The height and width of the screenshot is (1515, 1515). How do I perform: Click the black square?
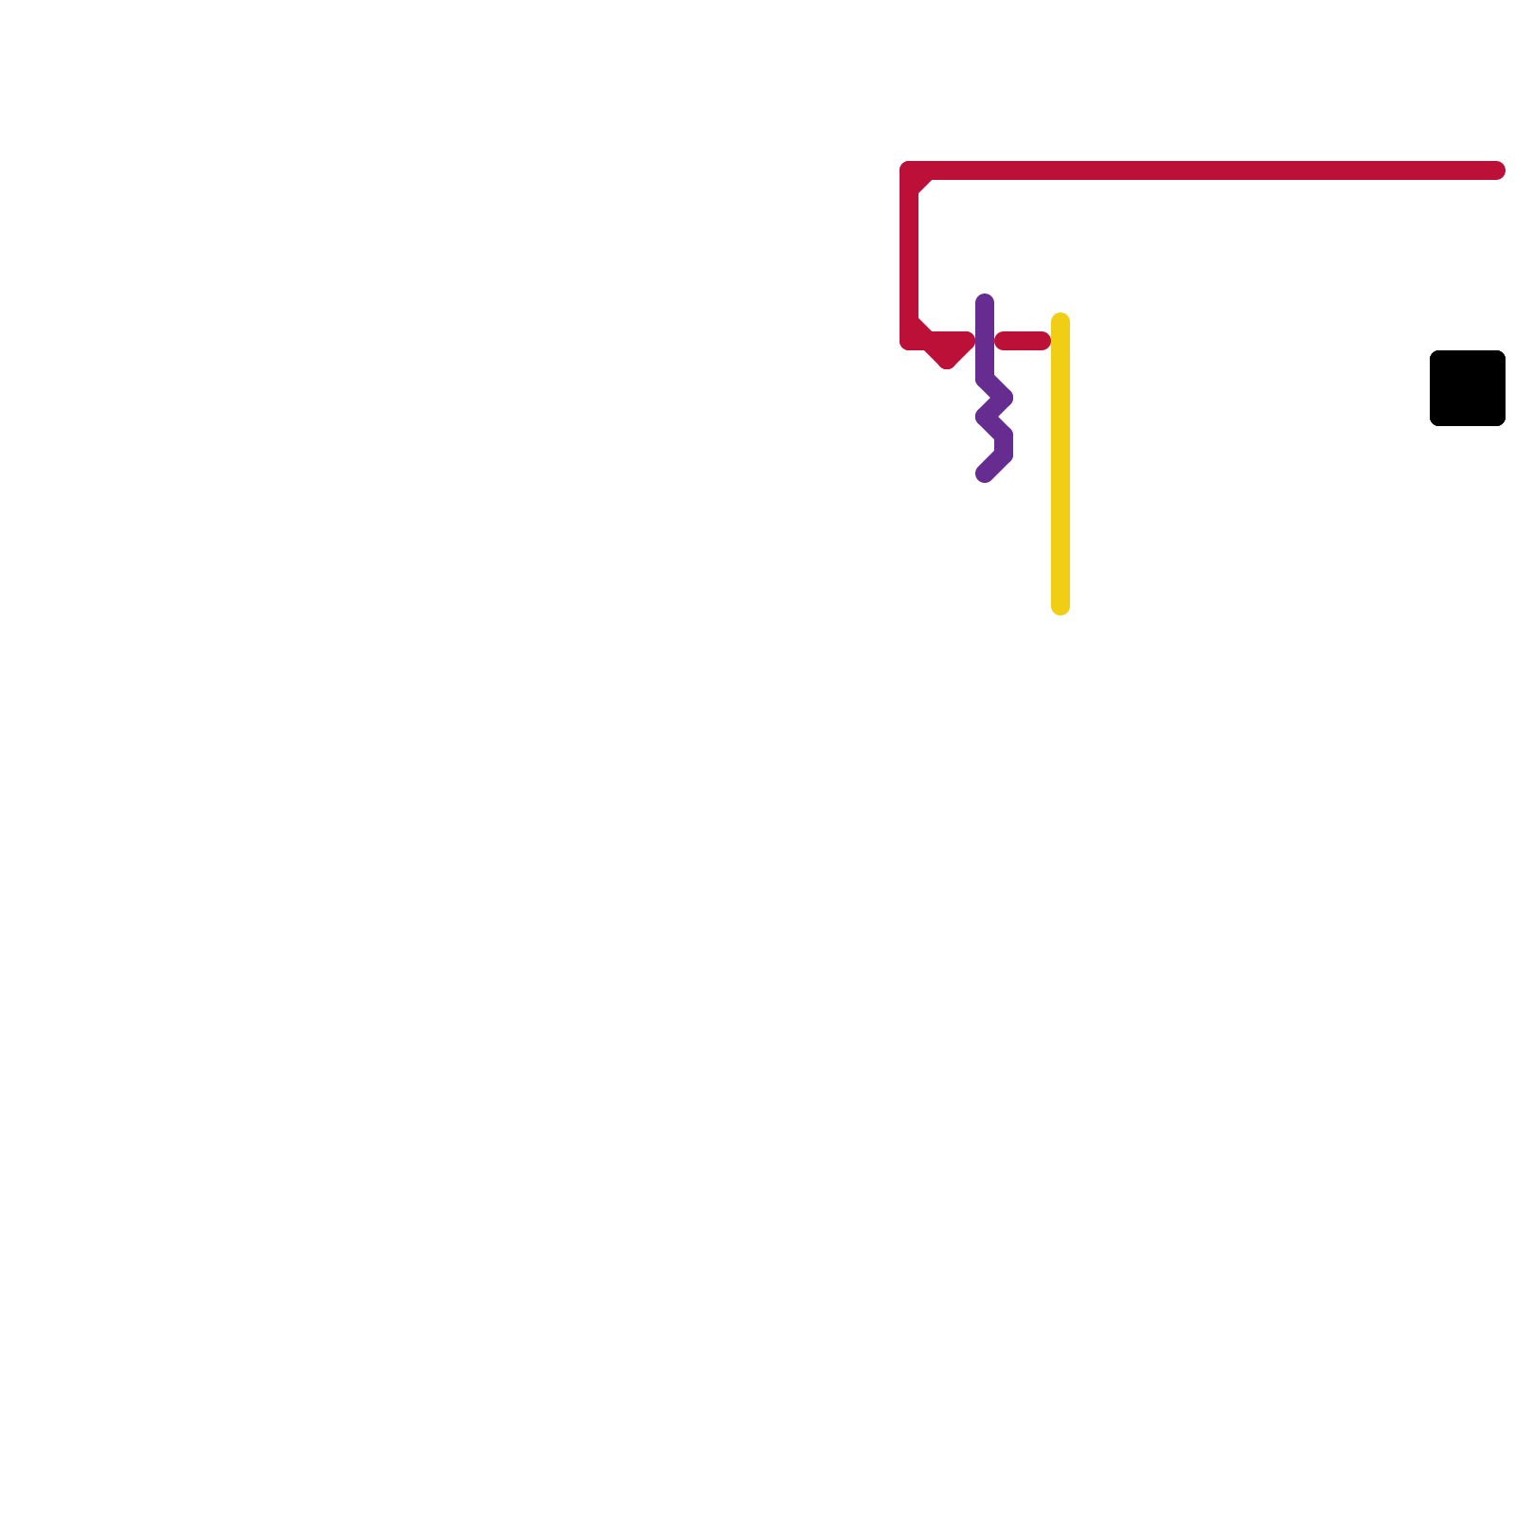click(x=1467, y=388)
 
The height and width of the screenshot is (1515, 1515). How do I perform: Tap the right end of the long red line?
click(x=1496, y=170)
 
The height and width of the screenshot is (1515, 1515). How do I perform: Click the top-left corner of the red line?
click(x=910, y=171)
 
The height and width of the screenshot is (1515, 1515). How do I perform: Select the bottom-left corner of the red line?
click(x=910, y=340)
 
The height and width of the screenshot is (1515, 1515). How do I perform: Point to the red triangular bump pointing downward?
click(x=947, y=354)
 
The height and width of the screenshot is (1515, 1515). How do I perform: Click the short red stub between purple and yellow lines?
click(x=1023, y=341)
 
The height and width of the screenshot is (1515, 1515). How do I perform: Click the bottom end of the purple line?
click(x=985, y=473)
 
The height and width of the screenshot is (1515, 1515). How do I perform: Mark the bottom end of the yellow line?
click(x=1060, y=606)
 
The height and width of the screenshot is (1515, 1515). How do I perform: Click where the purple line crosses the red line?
click(x=985, y=341)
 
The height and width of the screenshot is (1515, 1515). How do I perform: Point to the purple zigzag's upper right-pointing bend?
click(x=1004, y=398)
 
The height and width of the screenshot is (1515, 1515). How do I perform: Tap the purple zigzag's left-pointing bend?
click(x=985, y=417)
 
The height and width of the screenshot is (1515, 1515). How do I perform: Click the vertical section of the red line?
click(x=909, y=256)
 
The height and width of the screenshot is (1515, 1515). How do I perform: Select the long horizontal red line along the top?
click(x=1203, y=170)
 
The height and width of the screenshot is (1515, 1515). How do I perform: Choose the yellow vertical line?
click(x=1060, y=464)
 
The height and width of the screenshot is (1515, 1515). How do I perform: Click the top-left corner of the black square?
click(x=1432, y=352)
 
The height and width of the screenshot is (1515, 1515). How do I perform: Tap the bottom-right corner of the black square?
click(x=1504, y=424)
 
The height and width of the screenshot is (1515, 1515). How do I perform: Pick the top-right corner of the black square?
click(x=1504, y=352)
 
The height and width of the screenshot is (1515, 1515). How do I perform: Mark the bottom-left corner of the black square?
click(x=1432, y=424)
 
